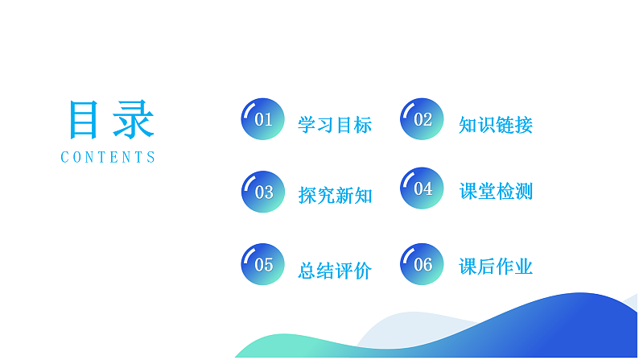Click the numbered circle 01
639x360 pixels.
[263, 120]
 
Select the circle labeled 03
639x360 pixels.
[263, 192]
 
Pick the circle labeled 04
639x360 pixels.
[423, 189]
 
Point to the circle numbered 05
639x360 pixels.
[263, 264]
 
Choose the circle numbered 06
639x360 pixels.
[423, 264]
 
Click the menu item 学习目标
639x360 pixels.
[335, 125]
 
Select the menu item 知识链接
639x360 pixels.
[496, 125]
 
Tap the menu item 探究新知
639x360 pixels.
[335, 195]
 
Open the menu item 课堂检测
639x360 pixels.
[496, 192]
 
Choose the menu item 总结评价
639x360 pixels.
[335, 271]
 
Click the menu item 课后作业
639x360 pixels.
[496, 267]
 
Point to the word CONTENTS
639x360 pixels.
[108, 158]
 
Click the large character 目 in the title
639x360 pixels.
[85, 121]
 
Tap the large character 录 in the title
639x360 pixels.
[132, 121]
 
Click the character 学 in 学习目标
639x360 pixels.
[307, 125]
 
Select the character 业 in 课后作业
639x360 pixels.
[524, 267]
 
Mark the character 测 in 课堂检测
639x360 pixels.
[524, 192]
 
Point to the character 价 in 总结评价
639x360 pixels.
[363, 271]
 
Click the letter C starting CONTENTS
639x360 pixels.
[65, 158]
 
